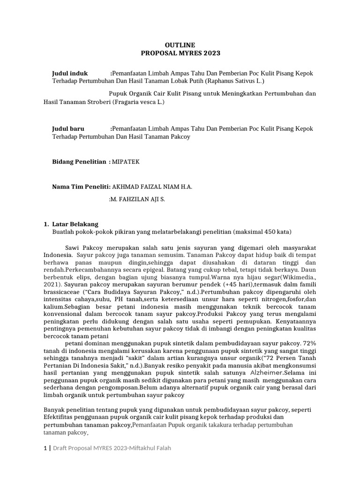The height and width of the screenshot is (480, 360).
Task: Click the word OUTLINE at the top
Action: pos(180,45)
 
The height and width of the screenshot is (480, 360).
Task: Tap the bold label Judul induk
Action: pos(69,74)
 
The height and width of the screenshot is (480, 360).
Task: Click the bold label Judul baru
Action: pos(69,128)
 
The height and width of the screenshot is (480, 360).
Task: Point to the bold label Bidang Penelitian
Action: pos(79,162)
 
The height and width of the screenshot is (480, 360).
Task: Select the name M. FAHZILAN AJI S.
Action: pos(137,199)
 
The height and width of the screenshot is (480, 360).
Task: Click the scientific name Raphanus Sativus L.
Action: pos(237,81)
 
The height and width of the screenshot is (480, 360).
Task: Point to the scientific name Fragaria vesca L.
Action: pos(139,101)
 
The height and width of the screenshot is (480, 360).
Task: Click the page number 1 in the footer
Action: pos(45,448)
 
